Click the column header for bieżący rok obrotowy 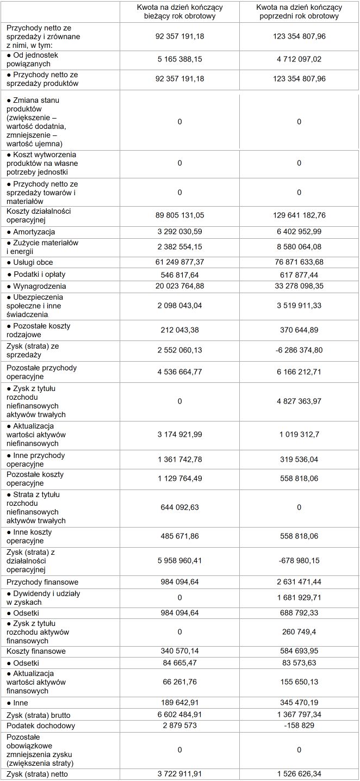point(179,12)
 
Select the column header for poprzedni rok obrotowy point(299,12)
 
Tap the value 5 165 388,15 point(179,59)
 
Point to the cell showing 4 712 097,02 point(299,59)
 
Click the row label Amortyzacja point(34,232)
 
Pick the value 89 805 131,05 point(179,215)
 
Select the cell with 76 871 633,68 point(299,262)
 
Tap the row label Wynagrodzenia point(36,286)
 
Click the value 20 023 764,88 point(179,286)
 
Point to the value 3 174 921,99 point(179,435)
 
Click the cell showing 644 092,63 point(179,507)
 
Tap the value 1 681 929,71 point(299,598)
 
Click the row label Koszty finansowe point(36,651)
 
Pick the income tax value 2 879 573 point(179,726)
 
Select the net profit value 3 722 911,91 point(179,774)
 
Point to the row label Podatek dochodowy point(40,726)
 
